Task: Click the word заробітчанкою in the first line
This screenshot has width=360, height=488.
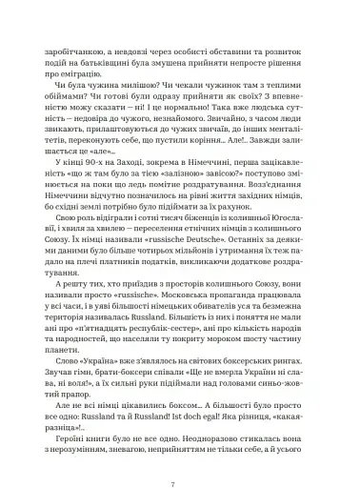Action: click(x=79, y=47)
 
